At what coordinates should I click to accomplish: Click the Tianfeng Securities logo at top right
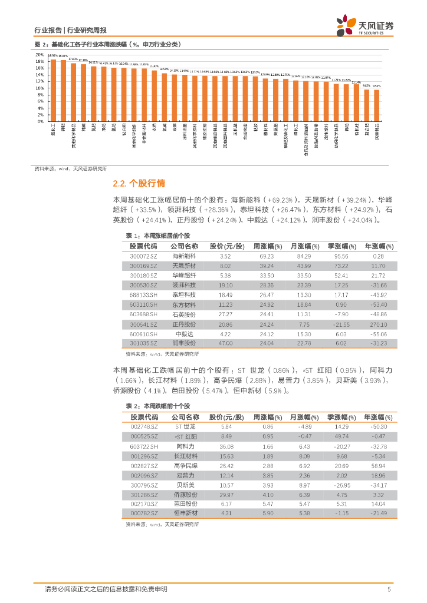click(364, 25)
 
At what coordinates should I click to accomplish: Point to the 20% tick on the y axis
click(40, 54)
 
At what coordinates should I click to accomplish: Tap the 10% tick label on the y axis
click(40, 88)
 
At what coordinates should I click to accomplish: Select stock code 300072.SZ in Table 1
click(144, 256)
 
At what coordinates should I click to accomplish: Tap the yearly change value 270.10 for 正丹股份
click(379, 324)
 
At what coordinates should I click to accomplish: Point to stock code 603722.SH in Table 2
click(144, 446)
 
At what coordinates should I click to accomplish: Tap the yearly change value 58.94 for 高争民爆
click(379, 466)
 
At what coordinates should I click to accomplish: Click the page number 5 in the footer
click(389, 589)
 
